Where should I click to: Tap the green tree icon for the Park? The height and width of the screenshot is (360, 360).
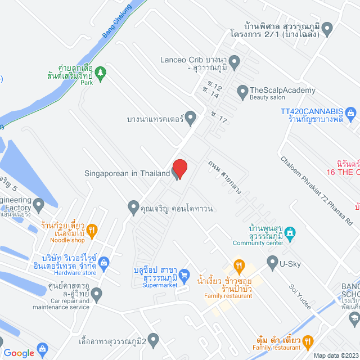coord(100,71)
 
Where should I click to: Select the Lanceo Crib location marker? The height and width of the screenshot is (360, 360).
coord(235,60)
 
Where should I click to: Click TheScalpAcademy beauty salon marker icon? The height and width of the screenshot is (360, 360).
coord(242,90)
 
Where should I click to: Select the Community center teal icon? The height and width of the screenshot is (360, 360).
coord(290,232)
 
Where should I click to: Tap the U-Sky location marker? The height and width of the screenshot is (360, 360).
coord(272,261)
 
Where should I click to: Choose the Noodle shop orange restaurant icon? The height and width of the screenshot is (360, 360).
coord(93,229)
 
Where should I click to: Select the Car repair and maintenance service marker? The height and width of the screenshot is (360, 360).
coord(97,293)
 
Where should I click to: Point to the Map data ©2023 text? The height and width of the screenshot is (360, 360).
coord(335,355)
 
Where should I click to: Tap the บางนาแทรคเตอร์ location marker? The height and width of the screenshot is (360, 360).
coord(191,119)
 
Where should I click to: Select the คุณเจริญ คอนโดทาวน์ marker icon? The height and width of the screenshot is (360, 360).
coord(133,208)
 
